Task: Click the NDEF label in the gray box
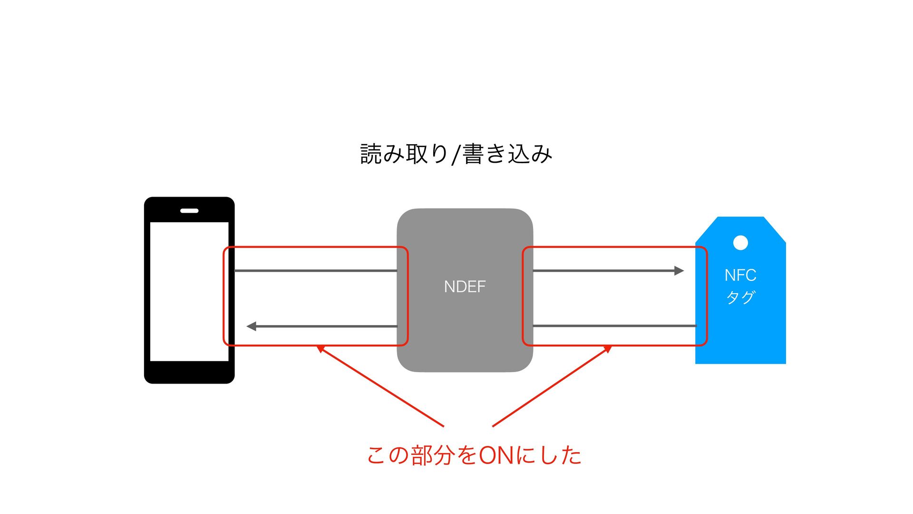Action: [465, 287]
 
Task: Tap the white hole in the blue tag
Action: [740, 243]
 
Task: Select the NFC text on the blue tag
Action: [740, 275]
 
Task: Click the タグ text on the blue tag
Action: [740, 297]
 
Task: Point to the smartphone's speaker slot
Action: [189, 210]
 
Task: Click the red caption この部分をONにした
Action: [474, 455]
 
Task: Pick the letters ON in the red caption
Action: [496, 455]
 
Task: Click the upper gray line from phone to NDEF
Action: [316, 271]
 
